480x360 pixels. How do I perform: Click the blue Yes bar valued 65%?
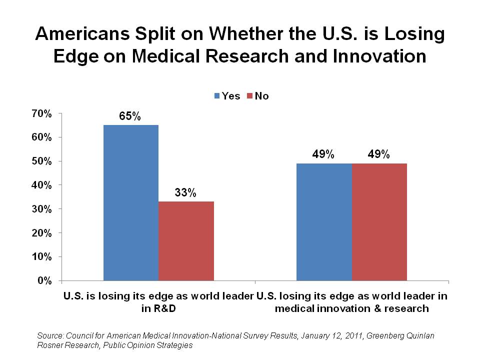(x=130, y=202)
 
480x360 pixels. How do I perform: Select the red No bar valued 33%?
(x=186, y=240)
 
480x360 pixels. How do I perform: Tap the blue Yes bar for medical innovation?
(x=324, y=221)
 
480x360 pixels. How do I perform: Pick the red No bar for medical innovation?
(x=379, y=221)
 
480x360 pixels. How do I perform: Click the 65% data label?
(x=130, y=116)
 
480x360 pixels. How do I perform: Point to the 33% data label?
(x=185, y=193)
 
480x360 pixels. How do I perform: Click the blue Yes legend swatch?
(x=217, y=96)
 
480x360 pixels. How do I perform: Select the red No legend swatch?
(x=250, y=96)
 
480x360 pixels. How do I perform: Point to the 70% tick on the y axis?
(x=41, y=113)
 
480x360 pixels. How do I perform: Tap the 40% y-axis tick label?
(x=41, y=185)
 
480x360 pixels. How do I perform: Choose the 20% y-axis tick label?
(x=41, y=233)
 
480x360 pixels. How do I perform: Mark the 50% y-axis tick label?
(x=41, y=161)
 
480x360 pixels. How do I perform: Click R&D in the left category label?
(x=158, y=308)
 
